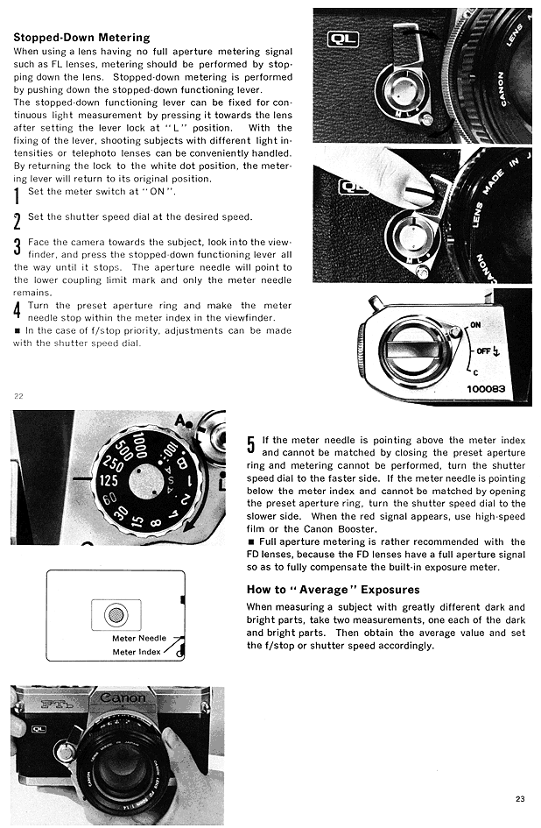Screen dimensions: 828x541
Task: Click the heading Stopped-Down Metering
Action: [x=81, y=38]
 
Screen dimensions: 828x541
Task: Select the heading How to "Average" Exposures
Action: [x=333, y=590]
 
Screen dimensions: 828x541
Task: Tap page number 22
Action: [x=18, y=396]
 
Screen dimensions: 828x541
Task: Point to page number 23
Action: [x=520, y=798]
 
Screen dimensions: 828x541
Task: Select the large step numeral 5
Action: [x=250, y=446]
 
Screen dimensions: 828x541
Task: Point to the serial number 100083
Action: [x=485, y=388]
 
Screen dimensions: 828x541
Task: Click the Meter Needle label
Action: [x=139, y=638]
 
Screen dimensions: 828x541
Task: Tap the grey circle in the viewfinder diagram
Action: [x=115, y=614]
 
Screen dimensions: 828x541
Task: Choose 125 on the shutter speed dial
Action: [x=108, y=481]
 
